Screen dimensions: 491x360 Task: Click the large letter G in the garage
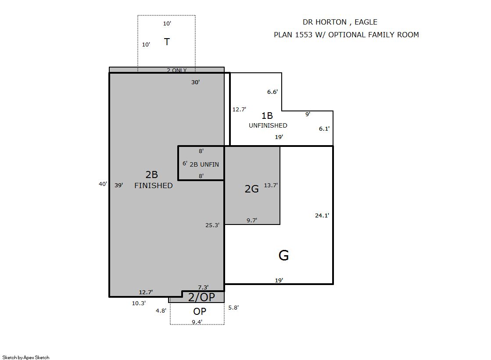[283, 256]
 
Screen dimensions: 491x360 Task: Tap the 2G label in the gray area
[251, 189]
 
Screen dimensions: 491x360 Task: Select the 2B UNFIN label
[204, 164]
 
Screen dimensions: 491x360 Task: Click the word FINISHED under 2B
[154, 185]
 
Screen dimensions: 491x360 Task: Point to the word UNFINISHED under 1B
[268, 125]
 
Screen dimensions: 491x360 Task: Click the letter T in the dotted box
[167, 42]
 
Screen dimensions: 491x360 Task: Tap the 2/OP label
[201, 297]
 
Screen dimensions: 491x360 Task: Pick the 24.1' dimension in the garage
[322, 215]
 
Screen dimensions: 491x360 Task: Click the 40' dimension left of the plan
[103, 184]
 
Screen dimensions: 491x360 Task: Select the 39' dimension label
[118, 185]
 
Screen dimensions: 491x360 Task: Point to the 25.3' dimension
[212, 225]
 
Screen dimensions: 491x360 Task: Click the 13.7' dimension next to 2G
[271, 185]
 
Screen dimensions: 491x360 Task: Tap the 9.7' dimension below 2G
[252, 221]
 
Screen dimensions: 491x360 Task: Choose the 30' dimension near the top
[195, 82]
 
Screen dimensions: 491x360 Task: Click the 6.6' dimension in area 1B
[272, 92]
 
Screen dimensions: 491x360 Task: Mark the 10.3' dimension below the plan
[139, 303]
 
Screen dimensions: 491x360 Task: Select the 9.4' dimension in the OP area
[197, 322]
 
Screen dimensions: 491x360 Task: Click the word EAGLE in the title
[366, 22]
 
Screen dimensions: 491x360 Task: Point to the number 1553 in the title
[304, 35]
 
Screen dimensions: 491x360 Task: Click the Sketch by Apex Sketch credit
[26, 357]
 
